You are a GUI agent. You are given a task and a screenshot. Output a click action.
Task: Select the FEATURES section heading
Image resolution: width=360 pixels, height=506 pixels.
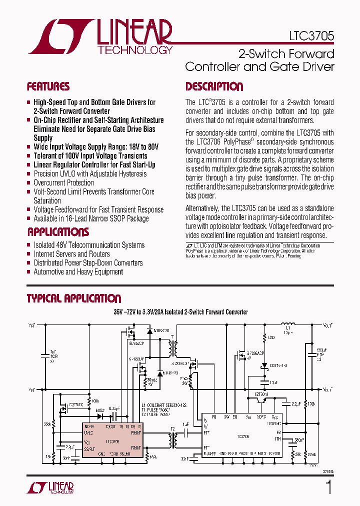48,86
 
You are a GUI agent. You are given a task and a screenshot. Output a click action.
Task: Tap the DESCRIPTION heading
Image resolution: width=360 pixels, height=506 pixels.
214,86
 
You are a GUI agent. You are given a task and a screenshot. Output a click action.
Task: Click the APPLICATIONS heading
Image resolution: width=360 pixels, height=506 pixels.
58,232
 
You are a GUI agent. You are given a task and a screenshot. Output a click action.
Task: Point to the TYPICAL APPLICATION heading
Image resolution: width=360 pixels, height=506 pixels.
73,298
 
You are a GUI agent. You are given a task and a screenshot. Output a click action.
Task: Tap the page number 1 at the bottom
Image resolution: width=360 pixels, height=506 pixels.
328,487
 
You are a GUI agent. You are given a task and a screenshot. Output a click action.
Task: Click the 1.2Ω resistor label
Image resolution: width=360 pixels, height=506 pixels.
271,338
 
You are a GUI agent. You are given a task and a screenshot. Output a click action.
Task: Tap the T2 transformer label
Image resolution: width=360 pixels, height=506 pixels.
172,429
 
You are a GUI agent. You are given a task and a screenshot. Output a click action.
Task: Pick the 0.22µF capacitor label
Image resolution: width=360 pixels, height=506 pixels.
114,408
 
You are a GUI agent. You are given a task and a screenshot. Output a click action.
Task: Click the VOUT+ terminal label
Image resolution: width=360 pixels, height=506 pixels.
328,325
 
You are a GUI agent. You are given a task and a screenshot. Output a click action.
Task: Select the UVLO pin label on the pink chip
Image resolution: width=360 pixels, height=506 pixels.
88,433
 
